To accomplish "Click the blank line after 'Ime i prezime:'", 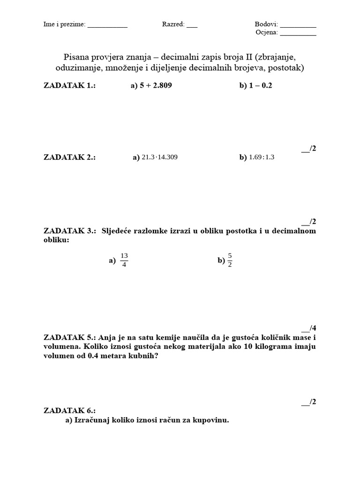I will pos(107,26).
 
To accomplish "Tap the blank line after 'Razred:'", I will pos(192,26).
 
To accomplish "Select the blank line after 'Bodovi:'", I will pos(299,26).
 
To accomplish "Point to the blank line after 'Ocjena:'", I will pos(299,34).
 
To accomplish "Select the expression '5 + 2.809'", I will pos(152,86).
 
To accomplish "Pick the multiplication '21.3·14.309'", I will pos(160,157).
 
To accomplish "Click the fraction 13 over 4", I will pos(124,260).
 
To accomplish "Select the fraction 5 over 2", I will pos(230,260).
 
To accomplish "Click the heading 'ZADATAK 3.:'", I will pos(70,231).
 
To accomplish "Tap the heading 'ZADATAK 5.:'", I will pos(70,337).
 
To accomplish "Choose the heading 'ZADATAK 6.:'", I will pos(70,411).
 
